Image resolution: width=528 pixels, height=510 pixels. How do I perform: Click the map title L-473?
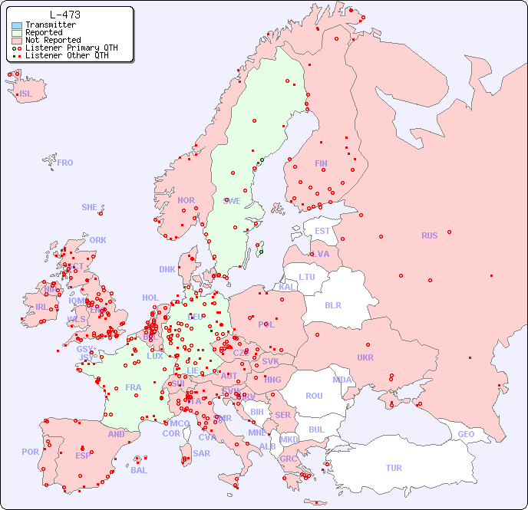64,15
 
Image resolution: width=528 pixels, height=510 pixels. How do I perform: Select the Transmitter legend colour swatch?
17,25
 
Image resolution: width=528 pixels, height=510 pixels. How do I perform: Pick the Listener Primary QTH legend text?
71,48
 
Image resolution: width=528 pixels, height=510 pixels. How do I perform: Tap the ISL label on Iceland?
26,94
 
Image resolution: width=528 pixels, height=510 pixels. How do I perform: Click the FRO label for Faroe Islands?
65,163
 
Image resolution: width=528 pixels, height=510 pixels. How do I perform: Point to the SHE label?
90,207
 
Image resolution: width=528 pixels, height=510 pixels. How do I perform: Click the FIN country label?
321,163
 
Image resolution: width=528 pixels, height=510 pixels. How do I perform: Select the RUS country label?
429,235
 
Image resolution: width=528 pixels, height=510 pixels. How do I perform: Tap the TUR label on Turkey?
394,468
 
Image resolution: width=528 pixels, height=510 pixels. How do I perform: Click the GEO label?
466,434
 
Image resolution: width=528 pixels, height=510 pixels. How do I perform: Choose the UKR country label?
365,357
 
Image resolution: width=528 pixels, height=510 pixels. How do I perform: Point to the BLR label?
332,304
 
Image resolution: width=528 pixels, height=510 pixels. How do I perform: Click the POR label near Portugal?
30,452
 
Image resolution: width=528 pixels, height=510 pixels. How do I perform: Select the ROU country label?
314,396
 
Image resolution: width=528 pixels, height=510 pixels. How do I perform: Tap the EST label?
322,231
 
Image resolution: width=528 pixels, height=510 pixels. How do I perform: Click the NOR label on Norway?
186,200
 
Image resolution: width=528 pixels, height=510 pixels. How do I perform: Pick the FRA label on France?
134,387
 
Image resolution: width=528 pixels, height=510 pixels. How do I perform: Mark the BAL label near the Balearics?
138,470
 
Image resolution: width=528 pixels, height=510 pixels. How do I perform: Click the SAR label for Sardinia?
201,453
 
